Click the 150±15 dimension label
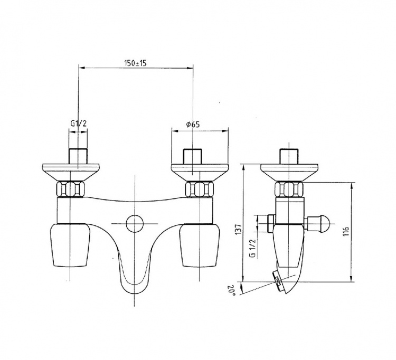[x=135, y=63]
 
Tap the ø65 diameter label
[x=192, y=124]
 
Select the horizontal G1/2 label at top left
[x=78, y=124]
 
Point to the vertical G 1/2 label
[x=253, y=248]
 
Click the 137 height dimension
[x=239, y=229]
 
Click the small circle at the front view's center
[x=135, y=223]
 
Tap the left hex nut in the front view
[x=70, y=190]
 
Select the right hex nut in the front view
[x=200, y=190]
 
